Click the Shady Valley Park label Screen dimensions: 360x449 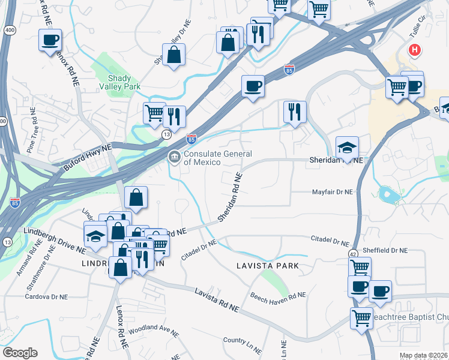124,82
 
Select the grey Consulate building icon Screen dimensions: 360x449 174,157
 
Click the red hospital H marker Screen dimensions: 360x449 414,50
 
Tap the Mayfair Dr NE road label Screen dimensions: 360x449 332,192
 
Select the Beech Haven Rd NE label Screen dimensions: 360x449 278,295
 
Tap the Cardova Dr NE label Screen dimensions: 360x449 44,296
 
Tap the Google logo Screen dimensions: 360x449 20,353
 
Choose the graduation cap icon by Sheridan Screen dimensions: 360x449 346,147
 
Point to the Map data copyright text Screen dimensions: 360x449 424,355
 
